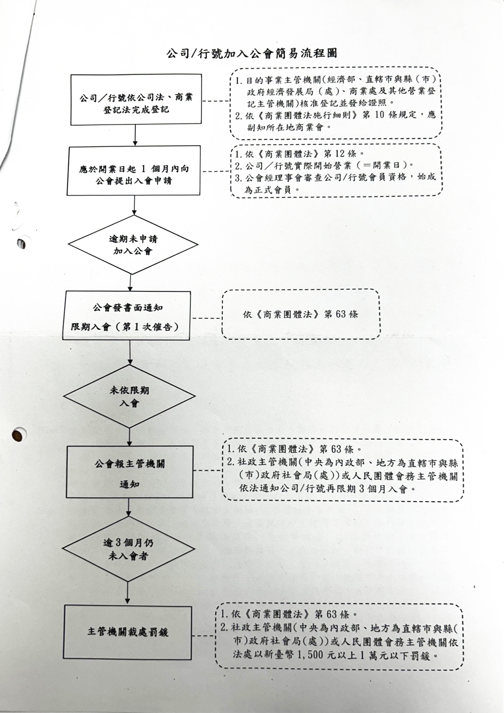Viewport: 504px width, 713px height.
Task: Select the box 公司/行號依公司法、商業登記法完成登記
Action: pos(136,100)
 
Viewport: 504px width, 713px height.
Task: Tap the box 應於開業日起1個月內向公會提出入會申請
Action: pos(134,171)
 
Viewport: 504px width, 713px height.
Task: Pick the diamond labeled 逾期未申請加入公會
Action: pos(133,245)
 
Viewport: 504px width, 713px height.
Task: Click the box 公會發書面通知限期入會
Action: pos(126,315)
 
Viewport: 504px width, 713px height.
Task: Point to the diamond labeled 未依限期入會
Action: pos(129,396)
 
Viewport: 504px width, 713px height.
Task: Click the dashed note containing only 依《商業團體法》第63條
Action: pos(301,314)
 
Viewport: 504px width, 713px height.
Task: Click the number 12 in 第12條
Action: pos(340,153)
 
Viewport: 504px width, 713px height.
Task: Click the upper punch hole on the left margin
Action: pos(22,243)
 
